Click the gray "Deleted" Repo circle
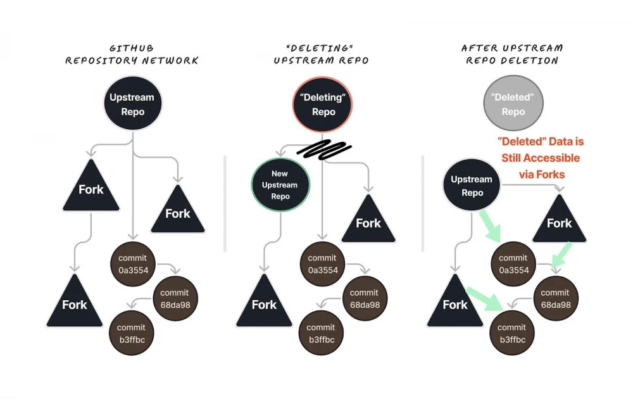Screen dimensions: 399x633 click(513, 104)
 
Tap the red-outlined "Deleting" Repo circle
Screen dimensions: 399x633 click(323, 104)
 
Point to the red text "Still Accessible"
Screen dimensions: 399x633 click(540, 158)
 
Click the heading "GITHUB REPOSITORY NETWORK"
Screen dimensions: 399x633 click(132, 54)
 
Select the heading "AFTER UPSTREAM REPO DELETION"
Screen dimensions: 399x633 click(512, 54)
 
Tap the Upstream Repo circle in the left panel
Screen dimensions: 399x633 click(132, 104)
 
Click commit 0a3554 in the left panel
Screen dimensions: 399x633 click(132, 264)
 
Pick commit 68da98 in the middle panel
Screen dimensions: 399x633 click(364, 298)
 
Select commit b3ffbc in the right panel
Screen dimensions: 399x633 click(511, 333)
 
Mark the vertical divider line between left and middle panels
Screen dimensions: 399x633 click(225, 203)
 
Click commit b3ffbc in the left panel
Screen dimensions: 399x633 click(132, 333)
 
